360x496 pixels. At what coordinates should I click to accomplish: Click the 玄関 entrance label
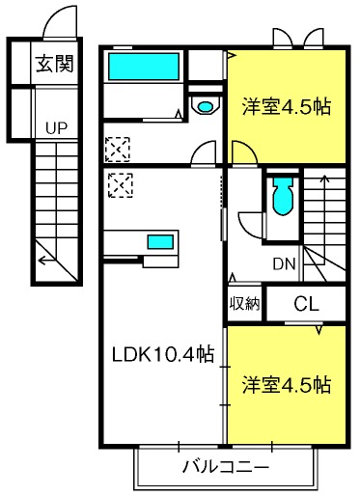click(55, 64)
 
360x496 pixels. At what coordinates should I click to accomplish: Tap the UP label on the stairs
click(56, 128)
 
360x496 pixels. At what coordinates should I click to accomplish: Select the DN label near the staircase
click(284, 264)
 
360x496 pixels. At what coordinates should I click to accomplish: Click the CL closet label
click(307, 303)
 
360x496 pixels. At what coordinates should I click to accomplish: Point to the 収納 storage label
click(244, 303)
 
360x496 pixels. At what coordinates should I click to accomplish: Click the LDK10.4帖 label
click(163, 354)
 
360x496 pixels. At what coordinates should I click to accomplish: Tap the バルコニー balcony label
click(226, 467)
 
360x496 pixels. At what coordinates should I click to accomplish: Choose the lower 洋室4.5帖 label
click(287, 385)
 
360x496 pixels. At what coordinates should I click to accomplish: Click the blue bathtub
click(144, 67)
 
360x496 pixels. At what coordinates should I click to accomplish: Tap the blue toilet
click(283, 197)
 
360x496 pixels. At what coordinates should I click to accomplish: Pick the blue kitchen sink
click(160, 242)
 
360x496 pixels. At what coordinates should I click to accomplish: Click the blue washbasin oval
click(205, 106)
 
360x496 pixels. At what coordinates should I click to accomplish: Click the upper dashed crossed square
click(118, 150)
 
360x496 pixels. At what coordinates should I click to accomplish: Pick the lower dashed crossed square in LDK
click(121, 185)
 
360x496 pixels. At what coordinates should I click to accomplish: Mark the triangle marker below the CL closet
click(318, 330)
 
